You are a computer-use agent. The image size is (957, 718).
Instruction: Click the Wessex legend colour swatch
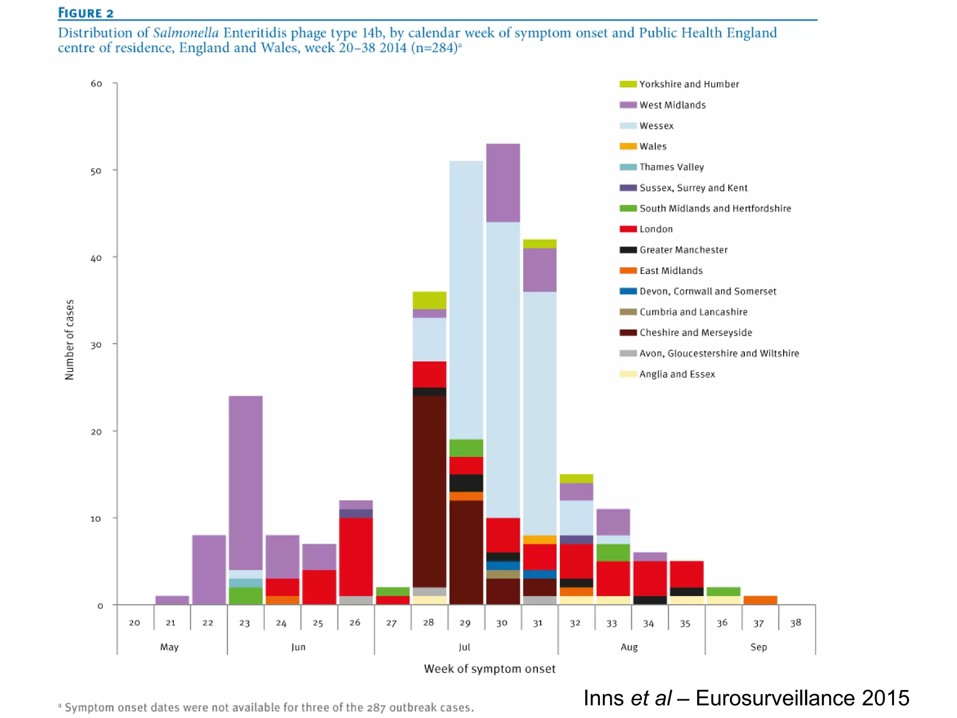[x=628, y=126]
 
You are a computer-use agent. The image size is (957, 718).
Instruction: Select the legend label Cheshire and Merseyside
[x=695, y=332]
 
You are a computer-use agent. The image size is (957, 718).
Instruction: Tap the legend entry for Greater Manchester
[x=683, y=250]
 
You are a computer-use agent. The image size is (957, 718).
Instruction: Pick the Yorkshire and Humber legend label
[x=689, y=84]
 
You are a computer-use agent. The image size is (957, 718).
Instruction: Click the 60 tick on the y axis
[x=96, y=84]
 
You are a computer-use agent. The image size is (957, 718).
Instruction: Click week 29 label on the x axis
[x=465, y=623]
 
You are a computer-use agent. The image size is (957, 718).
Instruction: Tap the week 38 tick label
[x=795, y=623]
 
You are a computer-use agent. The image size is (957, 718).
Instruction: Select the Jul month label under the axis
[x=464, y=647]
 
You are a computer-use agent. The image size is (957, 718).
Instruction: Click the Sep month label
[x=758, y=647]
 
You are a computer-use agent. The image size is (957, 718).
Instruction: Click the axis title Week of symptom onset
[x=490, y=669]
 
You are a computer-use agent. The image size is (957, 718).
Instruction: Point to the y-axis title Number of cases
[x=69, y=340]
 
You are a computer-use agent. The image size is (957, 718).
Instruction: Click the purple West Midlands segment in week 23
[x=245, y=481]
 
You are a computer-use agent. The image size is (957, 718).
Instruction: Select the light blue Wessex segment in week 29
[x=466, y=299]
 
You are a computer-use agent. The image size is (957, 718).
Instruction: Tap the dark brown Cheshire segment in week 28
[x=429, y=491]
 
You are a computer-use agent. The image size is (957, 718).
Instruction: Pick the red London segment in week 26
[x=356, y=556]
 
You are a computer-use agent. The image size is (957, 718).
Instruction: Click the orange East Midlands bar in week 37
[x=760, y=600]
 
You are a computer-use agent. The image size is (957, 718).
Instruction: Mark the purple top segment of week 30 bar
[x=503, y=182]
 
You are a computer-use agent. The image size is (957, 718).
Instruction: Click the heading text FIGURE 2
[x=86, y=13]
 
